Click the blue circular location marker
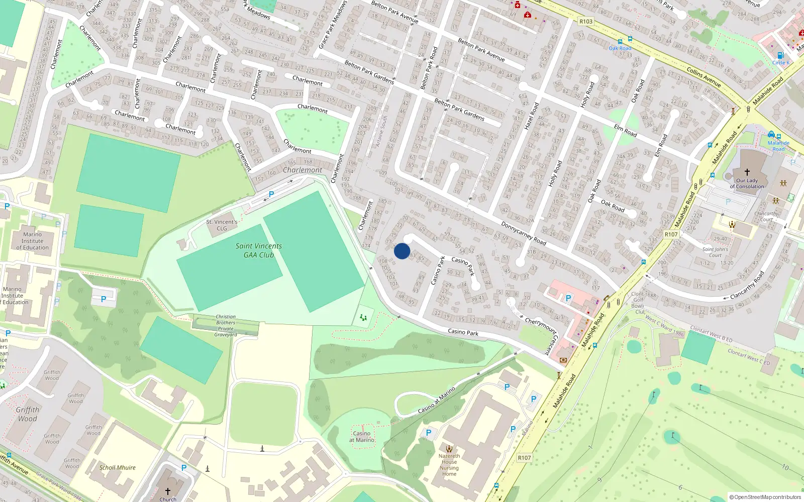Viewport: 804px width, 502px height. (402, 251)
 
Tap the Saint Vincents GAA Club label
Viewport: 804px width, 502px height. (259, 250)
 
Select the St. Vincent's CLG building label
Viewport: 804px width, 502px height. (222, 225)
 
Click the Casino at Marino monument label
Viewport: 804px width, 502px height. (362, 437)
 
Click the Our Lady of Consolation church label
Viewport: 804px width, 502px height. (747, 183)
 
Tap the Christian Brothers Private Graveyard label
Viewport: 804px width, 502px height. (226, 326)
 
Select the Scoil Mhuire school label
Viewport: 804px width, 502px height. (118, 467)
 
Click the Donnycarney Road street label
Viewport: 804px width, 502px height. (524, 233)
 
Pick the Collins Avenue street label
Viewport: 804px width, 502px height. (703, 77)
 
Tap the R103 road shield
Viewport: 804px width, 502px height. (586, 21)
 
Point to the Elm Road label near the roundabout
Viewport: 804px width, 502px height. (625, 131)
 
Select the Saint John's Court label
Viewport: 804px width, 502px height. (715, 252)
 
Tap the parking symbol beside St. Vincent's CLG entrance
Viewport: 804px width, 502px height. (271, 194)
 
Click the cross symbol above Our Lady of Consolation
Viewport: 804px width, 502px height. (747, 172)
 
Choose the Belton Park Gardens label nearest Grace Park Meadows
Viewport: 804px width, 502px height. (369, 71)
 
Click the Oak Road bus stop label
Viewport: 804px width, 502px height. (620, 48)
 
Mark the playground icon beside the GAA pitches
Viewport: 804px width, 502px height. (363, 317)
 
